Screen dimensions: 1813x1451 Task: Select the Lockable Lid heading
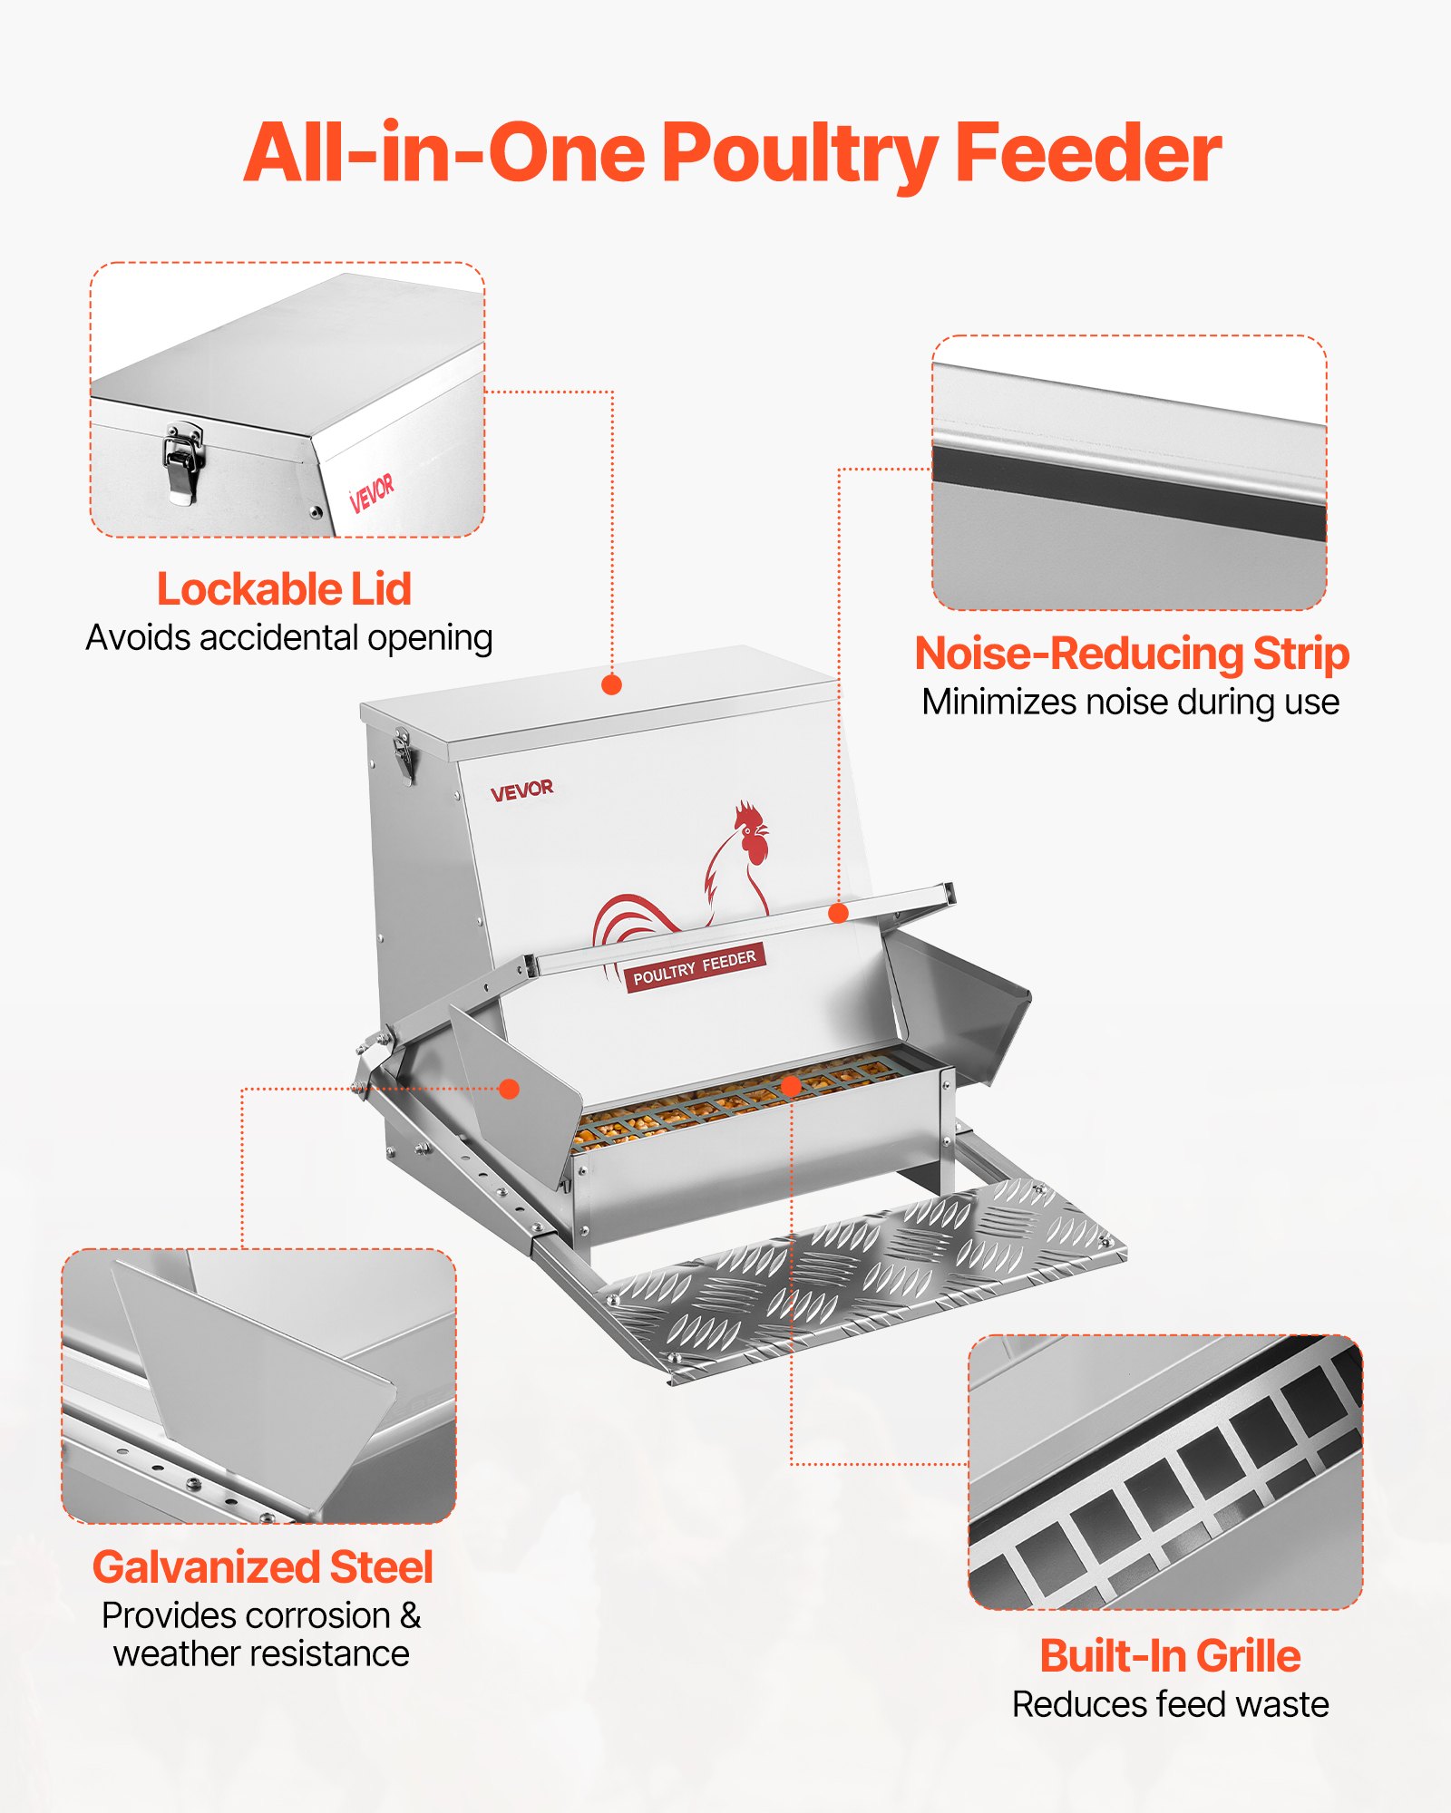[284, 589]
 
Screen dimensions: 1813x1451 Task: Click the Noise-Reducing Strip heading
[1131, 654]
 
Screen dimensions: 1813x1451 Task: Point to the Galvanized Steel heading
[262, 1567]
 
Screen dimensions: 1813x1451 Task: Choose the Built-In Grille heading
[1170, 1656]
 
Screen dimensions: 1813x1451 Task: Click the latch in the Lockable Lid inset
[183, 462]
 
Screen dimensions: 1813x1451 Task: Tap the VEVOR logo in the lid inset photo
[372, 491]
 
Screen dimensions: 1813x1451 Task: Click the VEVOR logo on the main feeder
[521, 790]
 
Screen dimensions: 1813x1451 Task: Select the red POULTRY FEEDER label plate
[695, 967]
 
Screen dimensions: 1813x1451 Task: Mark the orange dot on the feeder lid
[612, 684]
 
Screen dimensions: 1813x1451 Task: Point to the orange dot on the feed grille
[791, 1086]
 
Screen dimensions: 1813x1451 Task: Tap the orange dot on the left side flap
[510, 1089]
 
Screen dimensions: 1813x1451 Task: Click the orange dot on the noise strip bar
[839, 913]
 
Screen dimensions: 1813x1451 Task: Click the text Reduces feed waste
[1170, 1705]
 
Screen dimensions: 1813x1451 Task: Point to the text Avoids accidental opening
[289, 638]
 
